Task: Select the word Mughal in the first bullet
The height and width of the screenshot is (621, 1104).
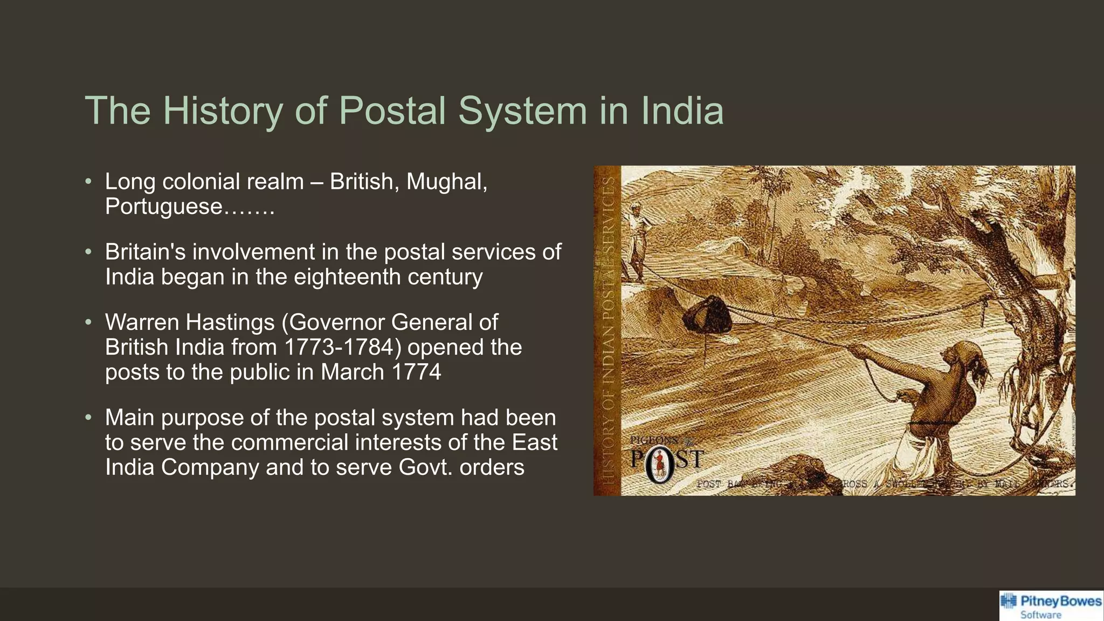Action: (x=446, y=182)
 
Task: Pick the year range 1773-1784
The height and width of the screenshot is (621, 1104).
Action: (x=343, y=347)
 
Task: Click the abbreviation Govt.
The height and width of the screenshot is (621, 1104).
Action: (x=426, y=467)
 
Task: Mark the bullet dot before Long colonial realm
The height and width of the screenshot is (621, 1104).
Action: (x=89, y=182)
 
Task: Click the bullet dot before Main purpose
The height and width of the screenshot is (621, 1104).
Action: (x=89, y=418)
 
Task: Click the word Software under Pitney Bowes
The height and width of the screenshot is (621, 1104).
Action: (x=1040, y=615)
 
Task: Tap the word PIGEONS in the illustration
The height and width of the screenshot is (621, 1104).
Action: (x=653, y=440)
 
